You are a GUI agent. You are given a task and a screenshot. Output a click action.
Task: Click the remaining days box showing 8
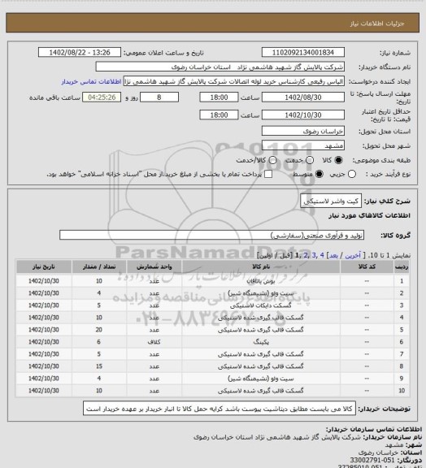point(169,97)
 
